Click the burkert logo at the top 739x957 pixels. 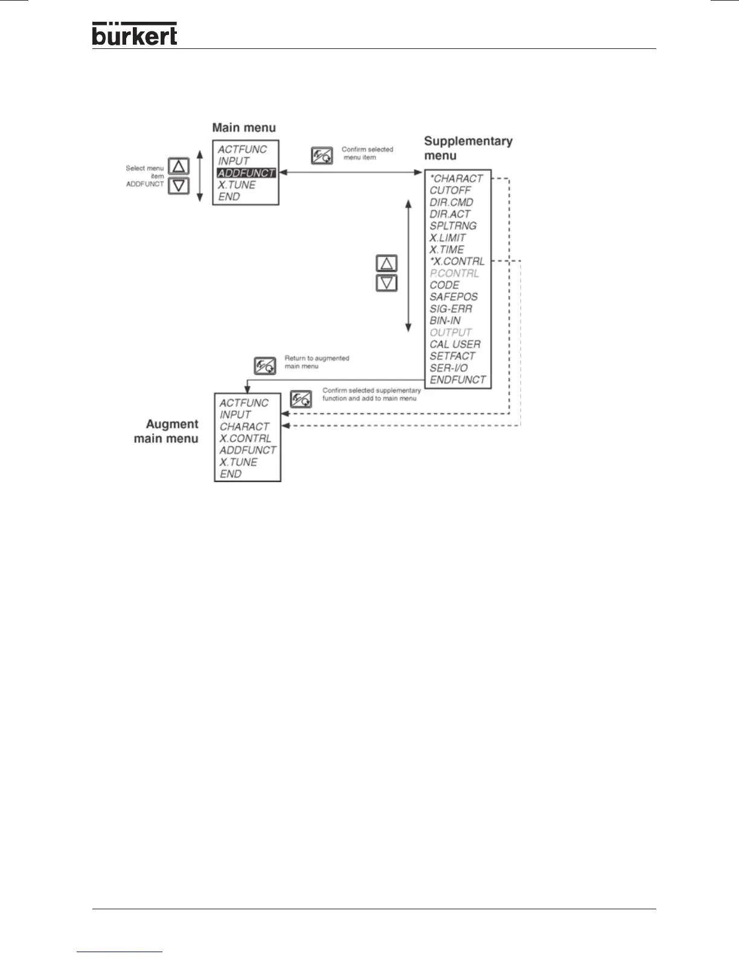point(135,34)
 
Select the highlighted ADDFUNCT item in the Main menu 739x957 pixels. point(246,173)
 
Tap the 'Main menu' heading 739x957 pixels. point(244,127)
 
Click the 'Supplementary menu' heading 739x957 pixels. point(468,148)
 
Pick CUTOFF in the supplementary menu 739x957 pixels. point(450,190)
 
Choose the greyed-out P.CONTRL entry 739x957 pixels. point(454,273)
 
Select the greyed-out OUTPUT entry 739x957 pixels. point(450,332)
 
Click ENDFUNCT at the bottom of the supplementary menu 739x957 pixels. point(458,379)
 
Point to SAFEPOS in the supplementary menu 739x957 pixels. point(453,297)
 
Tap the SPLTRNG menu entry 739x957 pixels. point(453,226)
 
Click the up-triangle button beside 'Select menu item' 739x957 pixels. point(178,166)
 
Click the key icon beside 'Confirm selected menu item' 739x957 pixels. point(322,156)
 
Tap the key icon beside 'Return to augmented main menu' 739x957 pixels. point(265,366)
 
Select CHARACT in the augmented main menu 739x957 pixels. point(244,427)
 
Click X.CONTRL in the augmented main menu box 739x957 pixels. point(245,439)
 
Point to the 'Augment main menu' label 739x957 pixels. point(166,431)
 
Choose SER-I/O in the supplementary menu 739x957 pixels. point(449,368)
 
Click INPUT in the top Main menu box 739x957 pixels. point(234,161)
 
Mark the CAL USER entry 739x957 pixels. point(455,344)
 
